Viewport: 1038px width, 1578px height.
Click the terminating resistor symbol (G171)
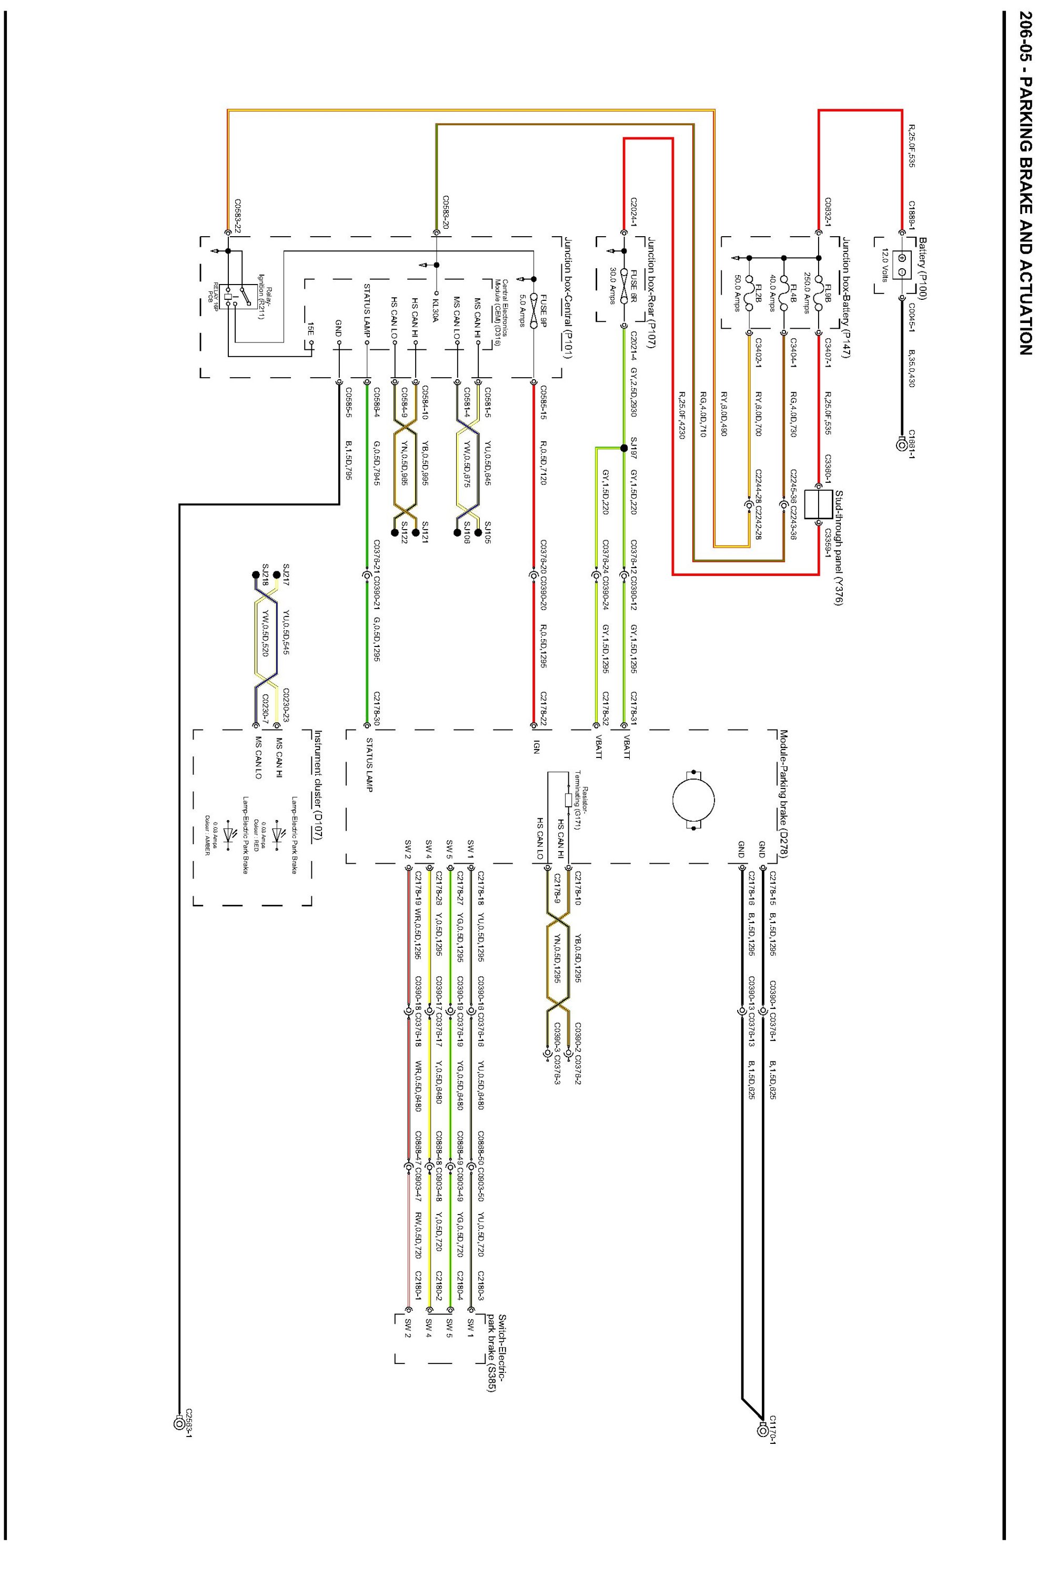(568, 800)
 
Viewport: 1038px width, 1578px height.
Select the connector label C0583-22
(237, 214)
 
